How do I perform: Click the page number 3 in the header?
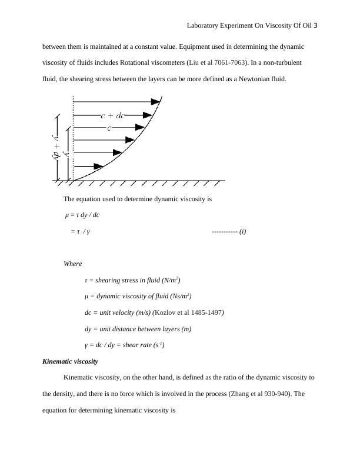point(316,26)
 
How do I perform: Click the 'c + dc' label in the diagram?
point(112,116)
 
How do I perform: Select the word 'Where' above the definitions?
point(72,264)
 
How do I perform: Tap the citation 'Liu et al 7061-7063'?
point(211,62)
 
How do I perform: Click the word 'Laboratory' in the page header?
point(204,26)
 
